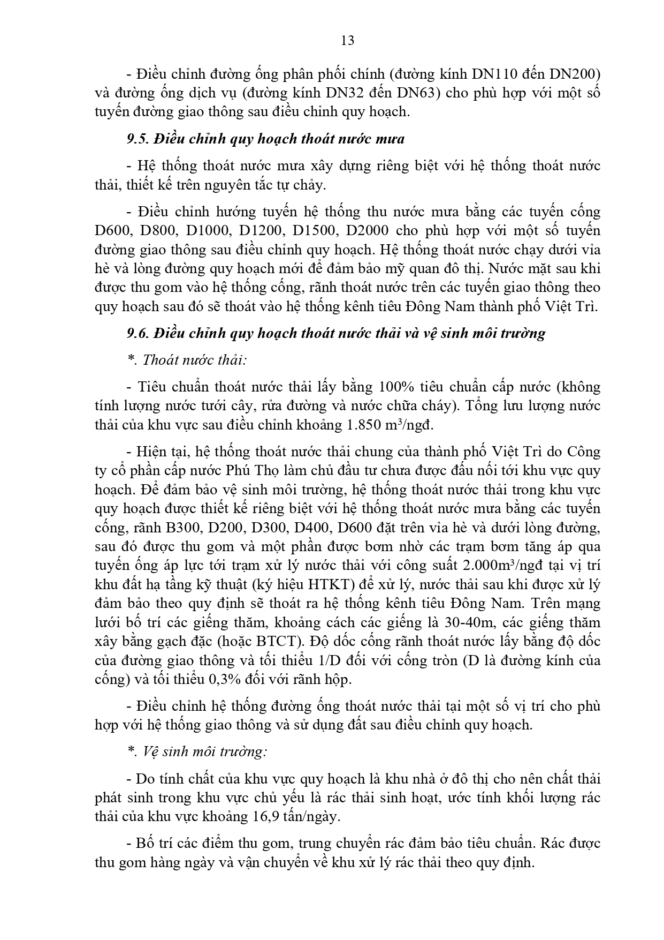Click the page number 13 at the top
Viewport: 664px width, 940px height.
[347, 41]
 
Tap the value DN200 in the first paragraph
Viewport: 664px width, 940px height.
[570, 73]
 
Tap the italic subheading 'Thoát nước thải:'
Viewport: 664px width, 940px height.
[194, 360]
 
